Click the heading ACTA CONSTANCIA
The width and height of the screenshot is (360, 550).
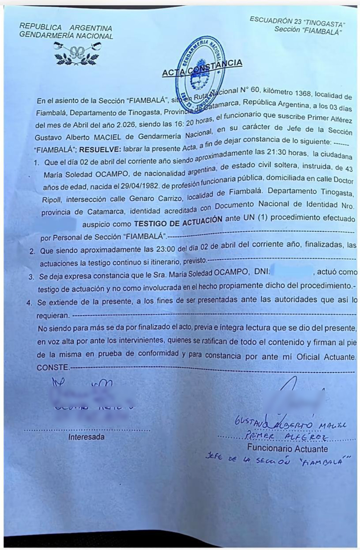tap(202, 68)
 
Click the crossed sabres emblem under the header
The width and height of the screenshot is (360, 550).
tap(78, 53)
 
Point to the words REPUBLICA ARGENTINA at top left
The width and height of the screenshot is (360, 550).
tap(66, 28)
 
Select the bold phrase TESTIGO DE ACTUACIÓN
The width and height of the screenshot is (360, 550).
tap(178, 222)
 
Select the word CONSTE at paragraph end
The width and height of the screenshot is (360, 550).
tap(53, 368)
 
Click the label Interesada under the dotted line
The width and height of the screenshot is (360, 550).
tap(86, 437)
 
